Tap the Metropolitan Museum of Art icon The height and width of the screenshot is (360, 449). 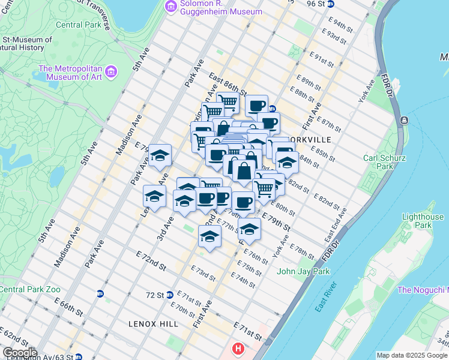coord(110,72)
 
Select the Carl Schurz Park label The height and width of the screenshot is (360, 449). coord(385,162)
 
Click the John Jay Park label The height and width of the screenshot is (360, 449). coord(303,271)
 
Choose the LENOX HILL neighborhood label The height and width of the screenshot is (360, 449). coord(153,324)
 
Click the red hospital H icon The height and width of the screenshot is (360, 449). coord(239,349)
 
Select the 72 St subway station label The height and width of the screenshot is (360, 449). coord(155,295)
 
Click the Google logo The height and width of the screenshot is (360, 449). coord(20,353)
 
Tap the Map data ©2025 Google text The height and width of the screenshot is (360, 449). coord(412,355)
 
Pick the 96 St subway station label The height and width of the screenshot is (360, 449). coord(316,4)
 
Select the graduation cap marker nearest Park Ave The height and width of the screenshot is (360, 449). coord(160,156)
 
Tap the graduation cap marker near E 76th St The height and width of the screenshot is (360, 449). coord(249,229)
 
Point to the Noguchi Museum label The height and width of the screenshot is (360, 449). coord(423,290)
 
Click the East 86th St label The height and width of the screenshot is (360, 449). coord(228,83)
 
